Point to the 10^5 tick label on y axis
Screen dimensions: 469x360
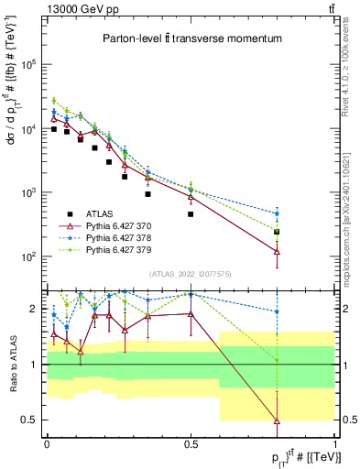(29, 65)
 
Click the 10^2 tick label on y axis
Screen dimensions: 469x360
(29, 256)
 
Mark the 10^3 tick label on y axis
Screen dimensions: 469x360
(29, 192)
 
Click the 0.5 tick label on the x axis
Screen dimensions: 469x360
(191, 443)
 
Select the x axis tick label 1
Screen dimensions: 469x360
(335, 443)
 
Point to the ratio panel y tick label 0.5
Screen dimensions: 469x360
(30, 420)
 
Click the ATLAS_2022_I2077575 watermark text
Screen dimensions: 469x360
(191, 273)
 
